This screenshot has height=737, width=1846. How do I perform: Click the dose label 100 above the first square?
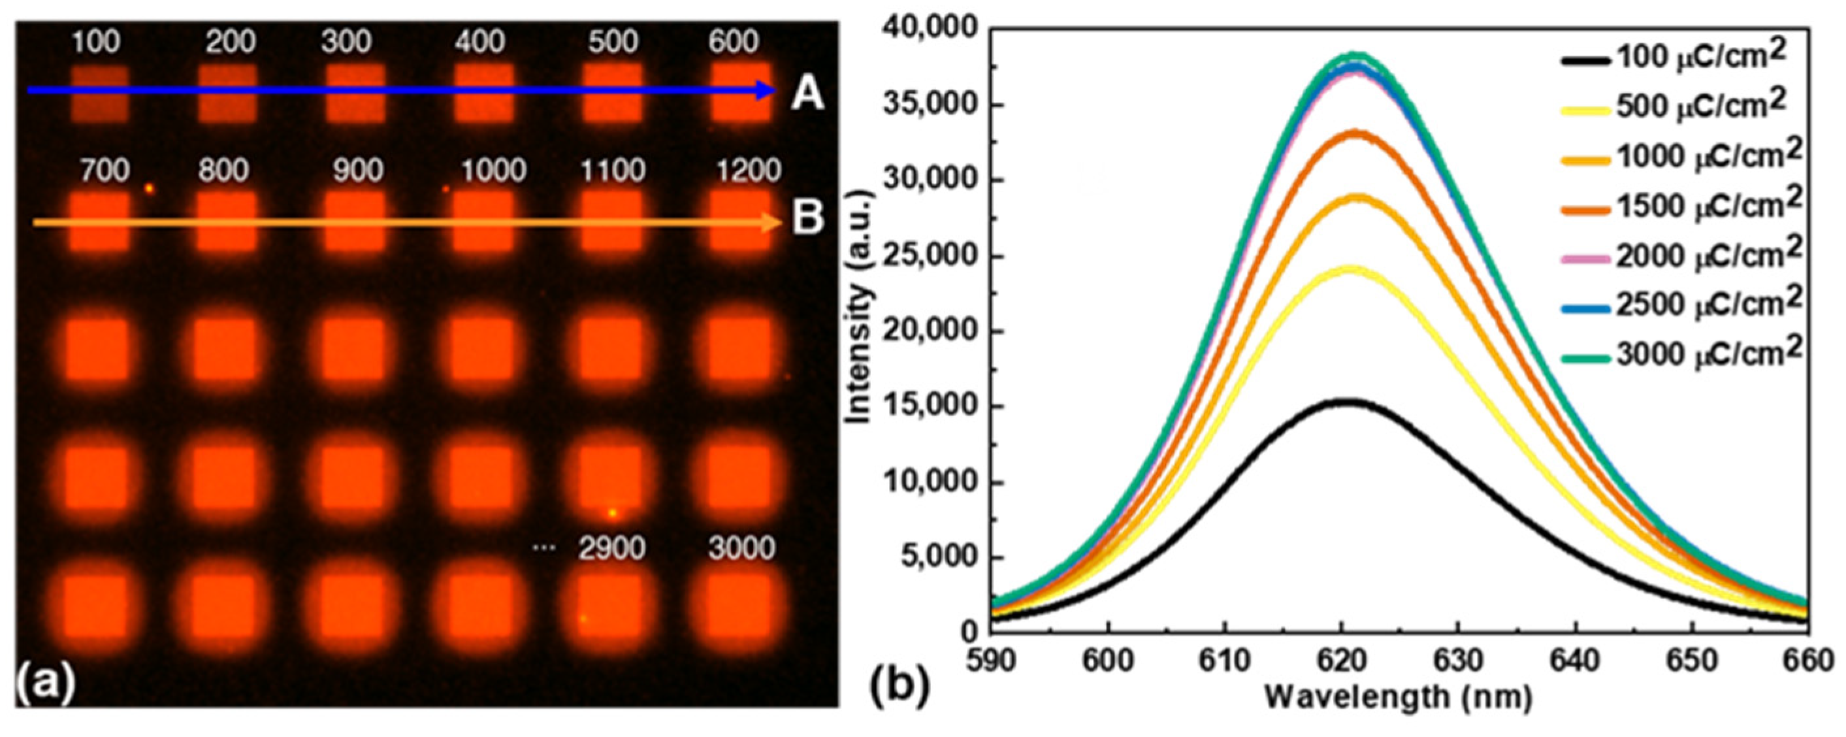click(96, 42)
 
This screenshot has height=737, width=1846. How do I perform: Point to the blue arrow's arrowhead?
click(767, 90)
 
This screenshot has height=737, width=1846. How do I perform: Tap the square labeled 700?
click(98, 221)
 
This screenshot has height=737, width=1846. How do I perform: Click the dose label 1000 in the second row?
click(494, 171)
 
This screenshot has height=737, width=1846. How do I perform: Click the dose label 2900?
click(612, 548)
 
